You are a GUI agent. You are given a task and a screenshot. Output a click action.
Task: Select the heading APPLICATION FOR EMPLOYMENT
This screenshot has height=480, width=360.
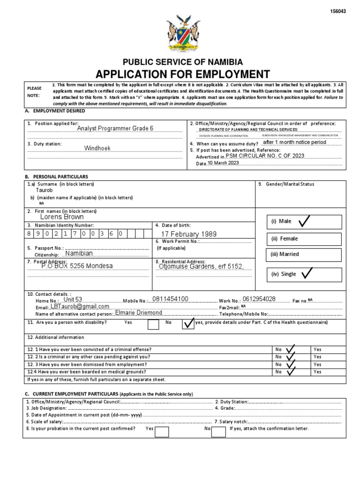[x=183, y=74]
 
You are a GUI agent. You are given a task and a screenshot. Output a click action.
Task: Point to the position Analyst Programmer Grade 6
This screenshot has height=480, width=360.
[x=115, y=128]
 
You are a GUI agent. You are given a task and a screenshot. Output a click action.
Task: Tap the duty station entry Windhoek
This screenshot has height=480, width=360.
[x=97, y=148]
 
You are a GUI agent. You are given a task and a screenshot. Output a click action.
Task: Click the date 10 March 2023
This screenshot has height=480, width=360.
[x=223, y=163]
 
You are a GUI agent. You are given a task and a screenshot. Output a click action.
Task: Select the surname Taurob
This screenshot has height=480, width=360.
[x=45, y=191]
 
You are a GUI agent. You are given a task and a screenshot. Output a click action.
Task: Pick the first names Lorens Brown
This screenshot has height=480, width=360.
[x=62, y=217]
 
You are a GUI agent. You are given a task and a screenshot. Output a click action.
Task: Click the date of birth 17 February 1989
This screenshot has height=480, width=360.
[x=189, y=234]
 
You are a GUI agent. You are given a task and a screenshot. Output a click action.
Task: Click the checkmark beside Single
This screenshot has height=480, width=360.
[x=307, y=273]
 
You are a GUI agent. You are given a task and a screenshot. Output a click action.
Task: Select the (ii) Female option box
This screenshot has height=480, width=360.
[x=305, y=239]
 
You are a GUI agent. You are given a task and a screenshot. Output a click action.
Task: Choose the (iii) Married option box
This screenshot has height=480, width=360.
[x=305, y=254]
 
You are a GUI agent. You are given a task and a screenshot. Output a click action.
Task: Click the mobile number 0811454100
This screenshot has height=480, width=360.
[x=170, y=299]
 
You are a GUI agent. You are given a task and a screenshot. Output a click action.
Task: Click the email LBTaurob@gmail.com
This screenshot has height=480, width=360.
[x=79, y=306]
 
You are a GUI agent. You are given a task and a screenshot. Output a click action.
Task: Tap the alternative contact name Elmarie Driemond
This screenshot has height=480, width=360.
[x=138, y=313]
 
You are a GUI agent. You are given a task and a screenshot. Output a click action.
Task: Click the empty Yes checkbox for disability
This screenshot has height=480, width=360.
[x=153, y=324]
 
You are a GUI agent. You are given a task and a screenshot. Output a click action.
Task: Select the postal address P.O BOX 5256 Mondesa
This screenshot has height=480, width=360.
[x=77, y=266]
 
